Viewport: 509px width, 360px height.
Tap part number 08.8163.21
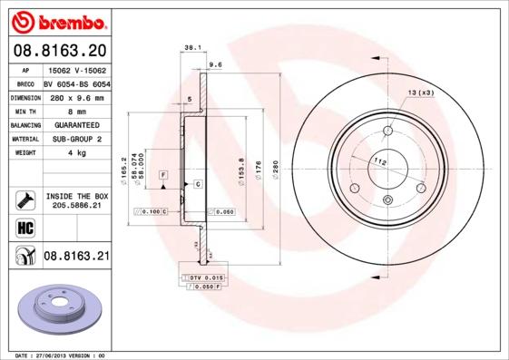pos(76,257)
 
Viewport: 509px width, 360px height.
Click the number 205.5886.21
pos(75,206)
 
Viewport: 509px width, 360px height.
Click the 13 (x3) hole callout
pos(420,93)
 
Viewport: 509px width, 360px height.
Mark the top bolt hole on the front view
pos(387,129)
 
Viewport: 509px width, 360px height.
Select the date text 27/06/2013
pos(60,355)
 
